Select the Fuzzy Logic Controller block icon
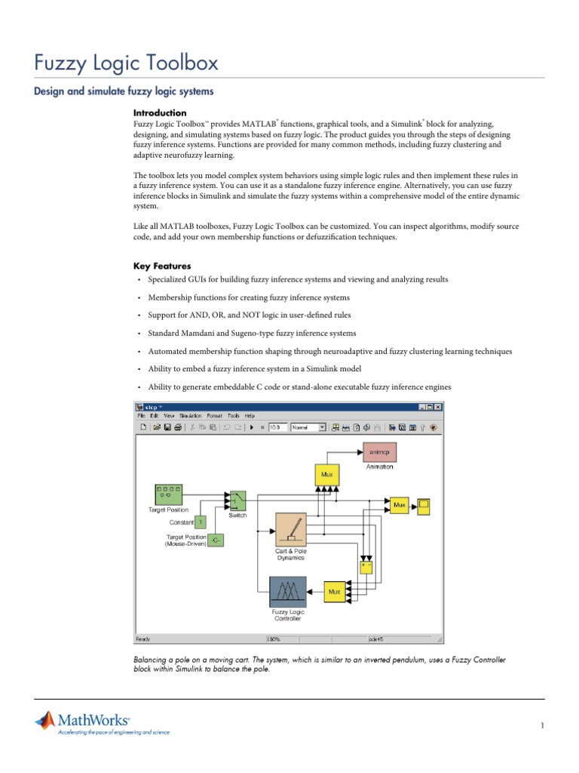(x=288, y=592)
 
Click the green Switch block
(x=237, y=500)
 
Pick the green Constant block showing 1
(x=201, y=522)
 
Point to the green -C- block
(x=216, y=540)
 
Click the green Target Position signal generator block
(x=168, y=494)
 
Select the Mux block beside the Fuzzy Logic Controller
(x=334, y=592)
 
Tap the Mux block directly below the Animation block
(x=326, y=475)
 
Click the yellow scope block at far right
(x=424, y=505)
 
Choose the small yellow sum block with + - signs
(x=366, y=565)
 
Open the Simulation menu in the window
(x=190, y=415)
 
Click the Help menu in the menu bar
(x=250, y=415)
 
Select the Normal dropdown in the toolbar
(x=308, y=427)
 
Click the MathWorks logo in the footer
(x=83, y=722)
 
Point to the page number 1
(x=541, y=726)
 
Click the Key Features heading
(x=162, y=266)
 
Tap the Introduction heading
(x=159, y=112)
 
